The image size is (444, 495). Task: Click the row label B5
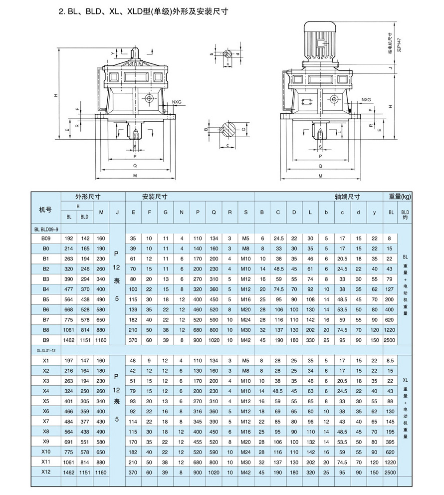pos(46,299)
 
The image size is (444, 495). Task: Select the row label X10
pos(46,452)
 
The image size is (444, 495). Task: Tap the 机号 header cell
pos(45,210)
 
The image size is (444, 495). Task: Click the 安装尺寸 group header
pos(155,197)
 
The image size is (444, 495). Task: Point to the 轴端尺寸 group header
pos(347,197)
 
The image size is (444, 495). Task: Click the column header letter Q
pos(214,213)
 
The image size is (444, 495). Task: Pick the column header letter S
pos(246,213)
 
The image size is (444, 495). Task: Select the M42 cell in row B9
pos(245,340)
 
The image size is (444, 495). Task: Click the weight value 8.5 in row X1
pos(390,360)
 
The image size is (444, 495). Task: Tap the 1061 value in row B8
pos(69,330)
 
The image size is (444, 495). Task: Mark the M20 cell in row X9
pos(245,442)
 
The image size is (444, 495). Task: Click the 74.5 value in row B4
pos(279,289)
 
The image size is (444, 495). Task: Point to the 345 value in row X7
pos(198,422)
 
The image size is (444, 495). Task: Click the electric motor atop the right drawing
pos(320,41)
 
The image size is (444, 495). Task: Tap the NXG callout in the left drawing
pos(177,102)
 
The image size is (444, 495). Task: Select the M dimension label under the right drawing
pos(321,176)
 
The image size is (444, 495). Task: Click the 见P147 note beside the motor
pos(399,45)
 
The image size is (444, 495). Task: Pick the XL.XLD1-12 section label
pos(46,350)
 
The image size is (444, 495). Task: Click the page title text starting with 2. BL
pos(143,12)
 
